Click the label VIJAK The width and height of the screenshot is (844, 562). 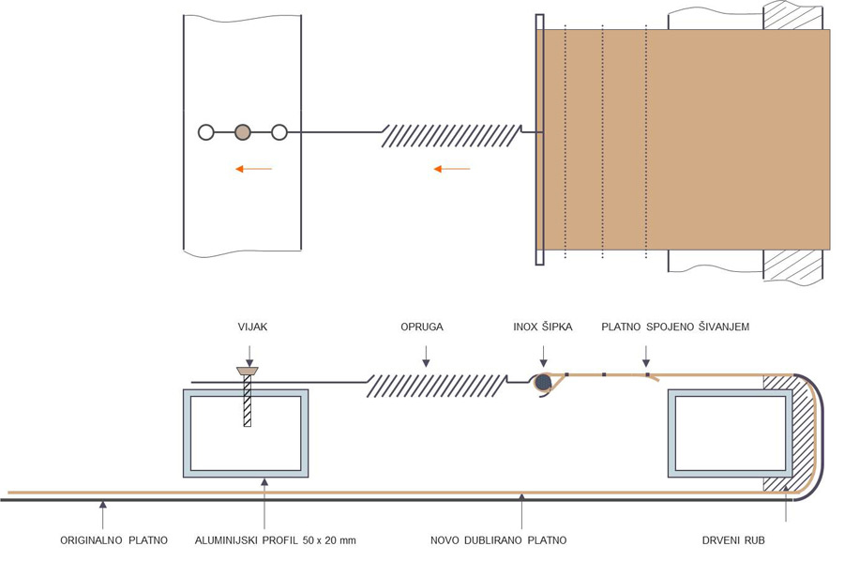pos(249,327)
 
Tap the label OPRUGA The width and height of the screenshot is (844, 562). pos(422,327)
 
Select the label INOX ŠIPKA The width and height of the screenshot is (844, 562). pos(543,327)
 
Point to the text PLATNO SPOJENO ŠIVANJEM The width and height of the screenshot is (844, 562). pos(675,327)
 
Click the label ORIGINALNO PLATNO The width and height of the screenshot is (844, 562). pos(113,540)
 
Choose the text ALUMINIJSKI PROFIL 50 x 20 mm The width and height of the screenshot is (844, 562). pos(275,540)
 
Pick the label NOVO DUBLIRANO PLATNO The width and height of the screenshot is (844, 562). pos(498,540)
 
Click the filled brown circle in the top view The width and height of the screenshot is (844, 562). pos(243,132)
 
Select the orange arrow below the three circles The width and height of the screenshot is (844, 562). pos(253,169)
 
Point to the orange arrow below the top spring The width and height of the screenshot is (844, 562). pos(452,169)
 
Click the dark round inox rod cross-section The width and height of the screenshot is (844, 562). pos(543,382)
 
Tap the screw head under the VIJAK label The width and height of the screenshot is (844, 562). pos(249,372)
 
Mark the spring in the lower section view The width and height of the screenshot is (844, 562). pos(436,384)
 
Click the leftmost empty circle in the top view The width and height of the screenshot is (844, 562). pos(206,132)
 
